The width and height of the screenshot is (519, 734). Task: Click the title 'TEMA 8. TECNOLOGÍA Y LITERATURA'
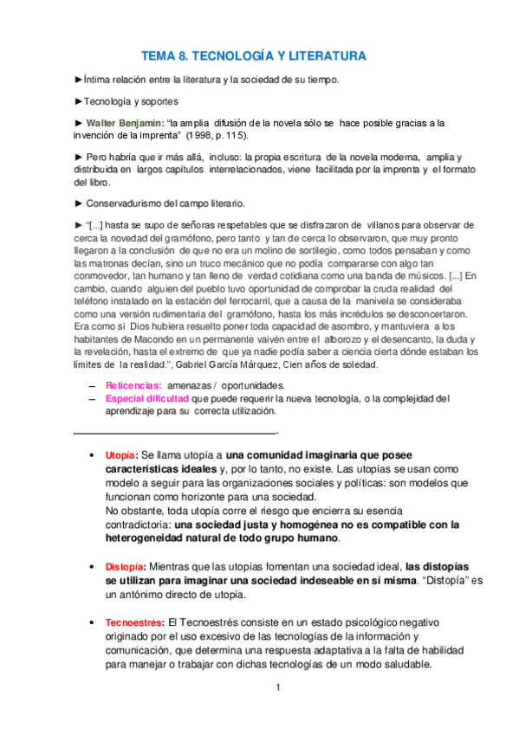coord(254,56)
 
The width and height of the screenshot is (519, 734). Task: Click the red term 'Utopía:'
coord(120,454)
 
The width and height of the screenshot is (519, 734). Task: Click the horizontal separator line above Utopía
coord(173,432)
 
